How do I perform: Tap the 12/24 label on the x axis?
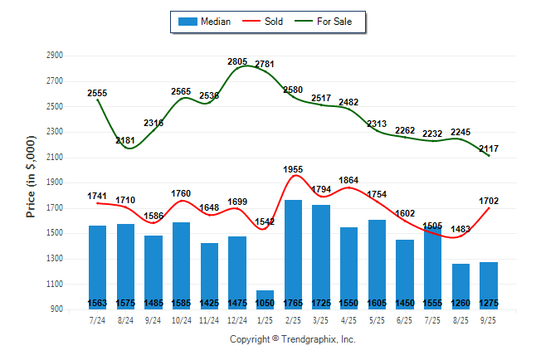pos(236,320)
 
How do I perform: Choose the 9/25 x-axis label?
pos(489,320)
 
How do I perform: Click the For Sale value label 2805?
pos(237,61)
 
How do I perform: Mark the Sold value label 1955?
pos(293,169)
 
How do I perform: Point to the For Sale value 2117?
pos(489,148)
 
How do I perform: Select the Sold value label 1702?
pos(489,200)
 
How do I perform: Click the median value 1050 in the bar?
pos(265,304)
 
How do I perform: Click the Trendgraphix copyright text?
pos(292,339)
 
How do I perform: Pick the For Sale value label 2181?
pos(125,140)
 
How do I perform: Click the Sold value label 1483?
pos(460,228)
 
